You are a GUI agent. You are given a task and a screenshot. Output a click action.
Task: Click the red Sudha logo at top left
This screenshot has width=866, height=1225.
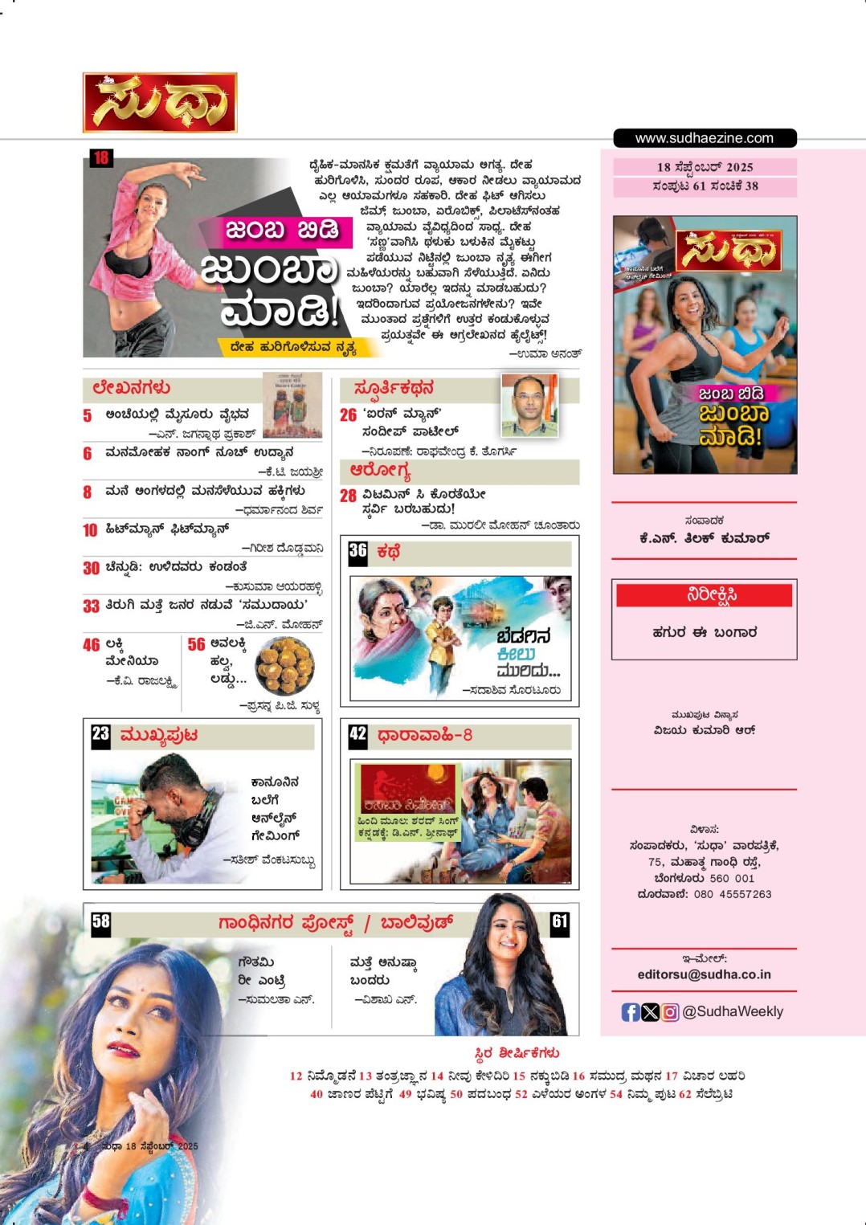pyautogui.click(x=160, y=103)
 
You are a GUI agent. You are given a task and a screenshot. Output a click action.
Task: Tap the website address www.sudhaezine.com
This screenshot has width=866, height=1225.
pyautogui.click(x=705, y=138)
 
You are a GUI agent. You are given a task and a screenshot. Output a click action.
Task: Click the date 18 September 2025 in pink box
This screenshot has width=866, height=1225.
pyautogui.click(x=705, y=167)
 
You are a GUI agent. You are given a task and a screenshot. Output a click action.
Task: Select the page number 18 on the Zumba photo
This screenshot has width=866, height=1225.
pyautogui.click(x=100, y=158)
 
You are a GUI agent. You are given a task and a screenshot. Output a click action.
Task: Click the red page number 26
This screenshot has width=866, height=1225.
pyautogui.click(x=348, y=415)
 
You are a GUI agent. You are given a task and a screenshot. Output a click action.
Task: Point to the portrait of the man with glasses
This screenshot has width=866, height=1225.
pyautogui.click(x=529, y=404)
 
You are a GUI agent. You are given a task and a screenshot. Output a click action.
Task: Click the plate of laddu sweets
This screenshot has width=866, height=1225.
pyautogui.click(x=284, y=666)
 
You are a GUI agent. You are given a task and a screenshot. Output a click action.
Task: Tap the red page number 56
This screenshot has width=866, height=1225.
pyautogui.click(x=197, y=645)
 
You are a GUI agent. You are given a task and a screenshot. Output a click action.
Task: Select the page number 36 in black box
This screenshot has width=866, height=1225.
pyautogui.click(x=357, y=551)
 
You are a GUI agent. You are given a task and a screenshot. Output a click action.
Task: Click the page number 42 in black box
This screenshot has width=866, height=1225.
pyautogui.click(x=357, y=734)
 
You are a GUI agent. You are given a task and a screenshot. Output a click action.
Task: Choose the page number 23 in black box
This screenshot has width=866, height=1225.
pyautogui.click(x=100, y=734)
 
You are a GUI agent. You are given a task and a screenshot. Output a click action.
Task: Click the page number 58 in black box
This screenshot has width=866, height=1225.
pyautogui.click(x=100, y=921)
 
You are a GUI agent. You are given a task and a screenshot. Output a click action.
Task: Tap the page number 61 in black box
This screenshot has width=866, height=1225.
pyautogui.click(x=559, y=921)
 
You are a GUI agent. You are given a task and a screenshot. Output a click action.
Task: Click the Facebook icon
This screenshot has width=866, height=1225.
pyautogui.click(x=631, y=1012)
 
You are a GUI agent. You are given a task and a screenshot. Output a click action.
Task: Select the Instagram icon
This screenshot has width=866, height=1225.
pyautogui.click(x=671, y=1012)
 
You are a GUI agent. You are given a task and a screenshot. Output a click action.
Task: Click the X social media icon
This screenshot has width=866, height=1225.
pyautogui.click(x=651, y=1012)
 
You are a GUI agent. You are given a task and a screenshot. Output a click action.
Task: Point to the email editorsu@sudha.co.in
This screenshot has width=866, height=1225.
pyautogui.click(x=704, y=974)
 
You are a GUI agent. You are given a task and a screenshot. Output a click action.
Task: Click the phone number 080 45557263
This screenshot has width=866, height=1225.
pyautogui.click(x=732, y=894)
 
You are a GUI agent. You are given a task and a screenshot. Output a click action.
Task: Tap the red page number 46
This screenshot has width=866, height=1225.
pyautogui.click(x=92, y=645)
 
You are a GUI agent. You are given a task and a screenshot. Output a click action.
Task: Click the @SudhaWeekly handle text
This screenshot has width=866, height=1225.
pyautogui.click(x=733, y=1012)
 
